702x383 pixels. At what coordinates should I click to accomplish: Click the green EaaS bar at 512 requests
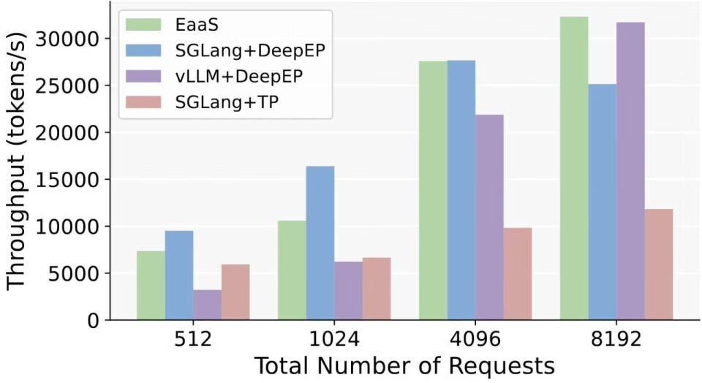click(x=151, y=286)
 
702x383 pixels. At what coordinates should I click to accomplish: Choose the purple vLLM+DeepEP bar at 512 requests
click(x=208, y=305)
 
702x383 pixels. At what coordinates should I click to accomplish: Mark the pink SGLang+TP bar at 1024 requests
click(x=377, y=289)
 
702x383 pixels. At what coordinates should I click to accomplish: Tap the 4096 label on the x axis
click(x=475, y=340)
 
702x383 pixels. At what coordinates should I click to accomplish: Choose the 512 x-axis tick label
click(x=193, y=340)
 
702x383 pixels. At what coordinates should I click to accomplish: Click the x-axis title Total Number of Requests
click(x=404, y=365)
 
